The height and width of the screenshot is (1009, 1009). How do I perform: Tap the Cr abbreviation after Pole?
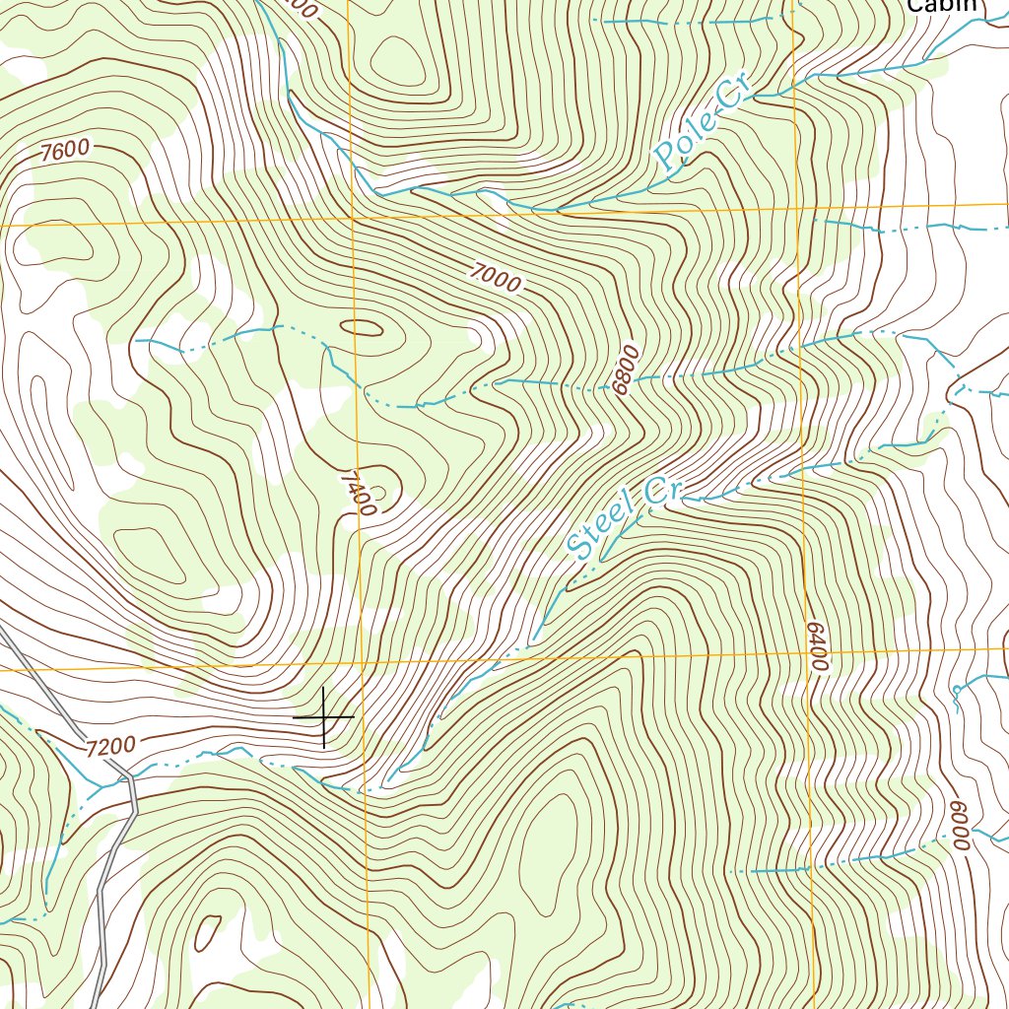[x=734, y=100]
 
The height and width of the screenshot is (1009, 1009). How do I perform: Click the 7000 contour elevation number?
[x=495, y=279]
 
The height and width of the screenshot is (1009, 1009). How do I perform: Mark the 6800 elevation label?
[x=626, y=370]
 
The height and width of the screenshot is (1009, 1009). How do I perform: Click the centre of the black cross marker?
[x=323, y=717]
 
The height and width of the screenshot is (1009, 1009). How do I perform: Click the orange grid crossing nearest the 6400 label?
[x=806, y=652]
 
